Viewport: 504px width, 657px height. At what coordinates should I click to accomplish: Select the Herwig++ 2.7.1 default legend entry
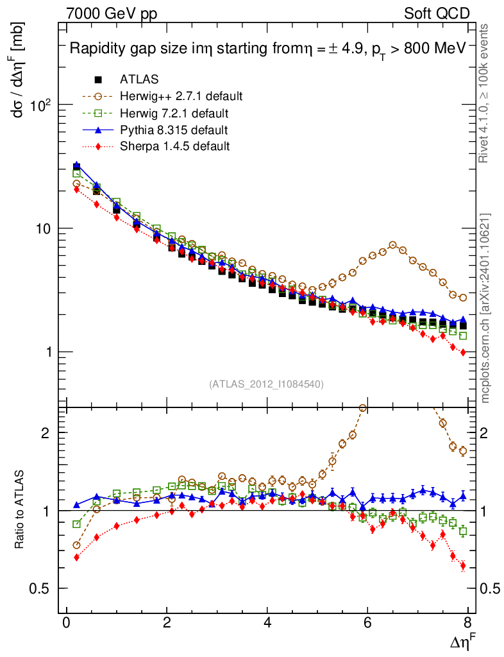pos(180,97)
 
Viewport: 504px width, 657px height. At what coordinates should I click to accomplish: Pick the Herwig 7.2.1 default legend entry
pos(173,114)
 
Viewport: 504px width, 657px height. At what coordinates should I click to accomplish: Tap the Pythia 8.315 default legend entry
pos(173,130)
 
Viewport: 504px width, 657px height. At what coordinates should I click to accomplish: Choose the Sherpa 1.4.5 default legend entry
pos(174,147)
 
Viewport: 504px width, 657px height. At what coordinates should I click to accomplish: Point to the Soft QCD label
pos(437,13)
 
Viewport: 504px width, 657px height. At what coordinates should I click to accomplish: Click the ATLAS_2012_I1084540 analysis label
pos(266,384)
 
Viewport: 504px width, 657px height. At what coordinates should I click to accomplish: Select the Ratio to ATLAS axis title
pos(20,511)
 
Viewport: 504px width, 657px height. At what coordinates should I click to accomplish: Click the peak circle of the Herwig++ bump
pos(393,245)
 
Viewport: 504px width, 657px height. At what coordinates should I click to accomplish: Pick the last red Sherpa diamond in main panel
pos(463,352)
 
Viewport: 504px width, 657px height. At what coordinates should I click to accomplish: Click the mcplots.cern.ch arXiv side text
pos(486,309)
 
